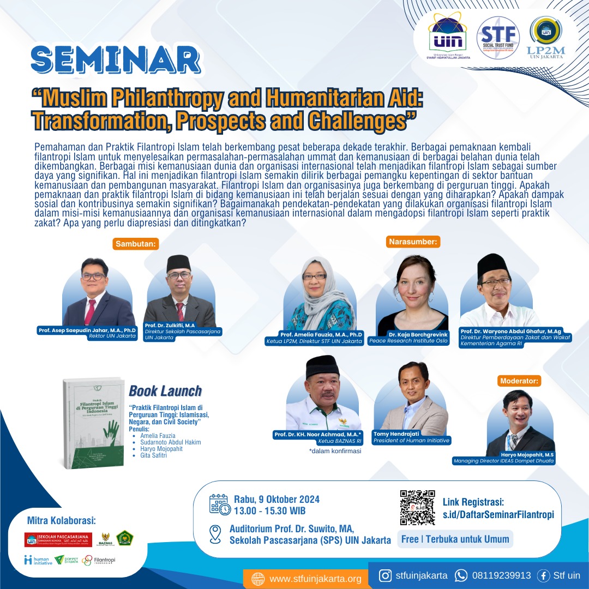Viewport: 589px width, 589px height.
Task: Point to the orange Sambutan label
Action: click(x=136, y=244)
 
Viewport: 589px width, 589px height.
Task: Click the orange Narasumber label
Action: click(x=413, y=241)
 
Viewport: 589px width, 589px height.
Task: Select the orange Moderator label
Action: click(x=519, y=381)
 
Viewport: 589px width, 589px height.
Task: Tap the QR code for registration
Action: click(x=417, y=507)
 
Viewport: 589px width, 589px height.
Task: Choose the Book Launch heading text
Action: click(x=165, y=391)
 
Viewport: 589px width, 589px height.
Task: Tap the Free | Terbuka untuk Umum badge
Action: click(x=454, y=539)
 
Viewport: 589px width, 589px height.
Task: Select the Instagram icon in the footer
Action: click(x=386, y=575)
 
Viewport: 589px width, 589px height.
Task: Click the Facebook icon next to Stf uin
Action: click(x=543, y=575)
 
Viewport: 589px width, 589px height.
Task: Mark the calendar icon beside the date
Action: click(x=219, y=504)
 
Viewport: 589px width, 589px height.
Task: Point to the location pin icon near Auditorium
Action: click(x=216, y=533)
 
